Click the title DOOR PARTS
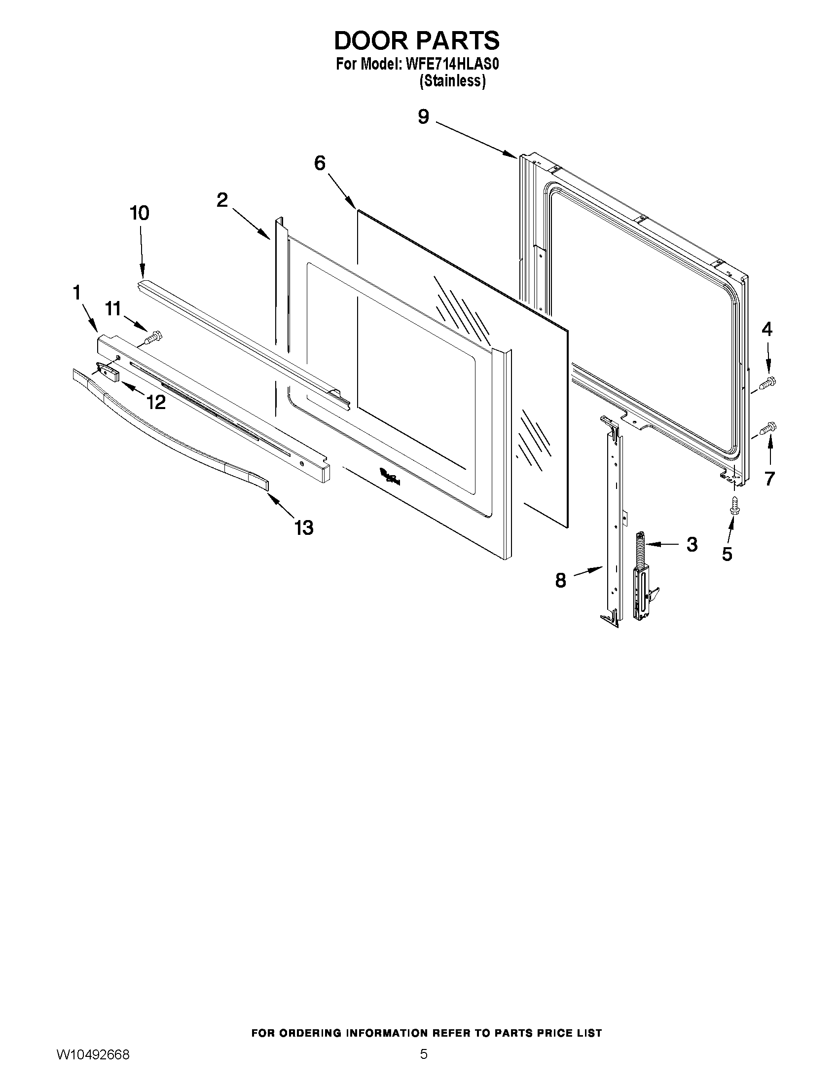coord(416,41)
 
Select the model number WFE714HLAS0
coord(452,65)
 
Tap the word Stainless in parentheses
coord(452,80)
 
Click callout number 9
coord(423,117)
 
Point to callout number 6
coord(320,163)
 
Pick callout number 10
coord(139,213)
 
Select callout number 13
coord(304,527)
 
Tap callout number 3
coord(692,545)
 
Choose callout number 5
coord(727,554)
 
